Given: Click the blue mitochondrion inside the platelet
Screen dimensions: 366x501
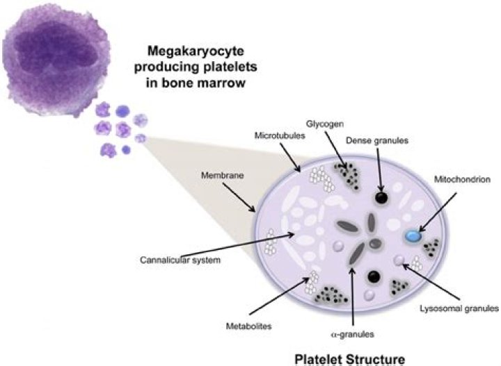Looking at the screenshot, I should [x=413, y=237].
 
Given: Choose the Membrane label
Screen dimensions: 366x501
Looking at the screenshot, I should [x=223, y=176].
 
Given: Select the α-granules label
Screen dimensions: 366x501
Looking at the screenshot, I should [x=353, y=334].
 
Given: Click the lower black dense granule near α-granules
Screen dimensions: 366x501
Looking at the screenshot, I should [x=374, y=277].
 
